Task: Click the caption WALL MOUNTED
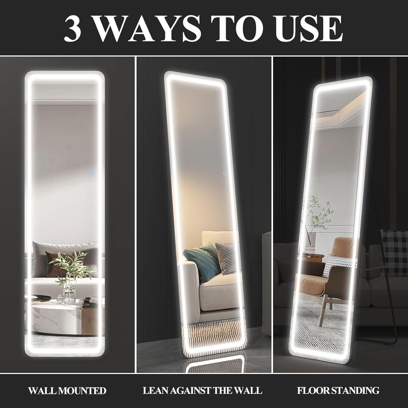(67, 391)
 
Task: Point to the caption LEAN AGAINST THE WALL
(203, 391)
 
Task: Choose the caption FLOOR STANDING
(338, 391)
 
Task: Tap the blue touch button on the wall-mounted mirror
(92, 173)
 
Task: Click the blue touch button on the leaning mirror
(224, 173)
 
